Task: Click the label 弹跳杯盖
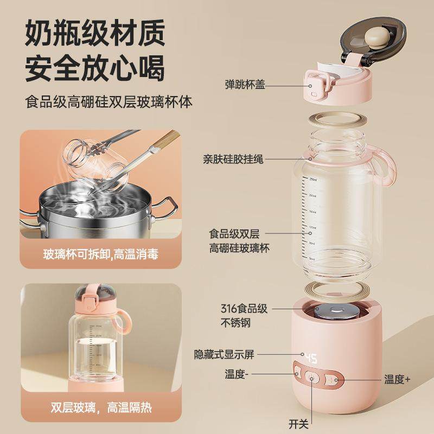coord(250,85)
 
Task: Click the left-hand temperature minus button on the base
coord(297,373)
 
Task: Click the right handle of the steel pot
coord(169,208)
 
